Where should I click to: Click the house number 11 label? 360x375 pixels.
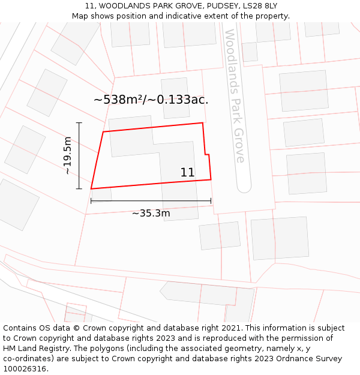point(187,173)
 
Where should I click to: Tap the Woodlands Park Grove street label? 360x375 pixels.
point(235,96)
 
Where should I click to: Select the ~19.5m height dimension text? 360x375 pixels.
point(67,155)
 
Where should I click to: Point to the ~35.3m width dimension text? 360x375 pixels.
point(151,214)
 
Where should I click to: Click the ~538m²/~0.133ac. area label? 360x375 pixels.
point(151,100)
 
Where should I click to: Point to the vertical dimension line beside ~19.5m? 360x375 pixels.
point(79,155)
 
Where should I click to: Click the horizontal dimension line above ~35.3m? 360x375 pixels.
point(151,201)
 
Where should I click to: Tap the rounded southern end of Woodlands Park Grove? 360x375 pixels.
point(244,187)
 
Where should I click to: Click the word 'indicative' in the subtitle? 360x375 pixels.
point(176,16)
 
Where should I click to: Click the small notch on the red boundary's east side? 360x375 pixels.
point(207,155)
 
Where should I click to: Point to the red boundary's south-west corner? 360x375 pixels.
point(91,189)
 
